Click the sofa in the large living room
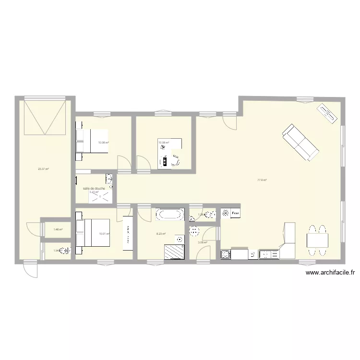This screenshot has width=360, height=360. pos(300,142)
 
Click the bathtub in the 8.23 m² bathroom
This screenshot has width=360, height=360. pos(169,214)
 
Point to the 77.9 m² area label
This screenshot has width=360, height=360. pos(262,180)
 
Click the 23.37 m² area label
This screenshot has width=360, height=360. pos(44,168)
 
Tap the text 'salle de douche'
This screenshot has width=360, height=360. pos(94,188)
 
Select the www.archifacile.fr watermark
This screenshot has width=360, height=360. pos(330,273)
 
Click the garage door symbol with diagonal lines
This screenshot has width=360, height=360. pos(45,118)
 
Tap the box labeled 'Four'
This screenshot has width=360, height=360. pos(235,213)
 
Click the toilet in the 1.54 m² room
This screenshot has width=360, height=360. pos(65,250)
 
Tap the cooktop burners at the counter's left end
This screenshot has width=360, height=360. pos(225,254)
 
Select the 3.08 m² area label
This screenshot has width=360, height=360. pos(203,242)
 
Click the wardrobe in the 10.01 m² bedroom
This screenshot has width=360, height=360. pos(128,233)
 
